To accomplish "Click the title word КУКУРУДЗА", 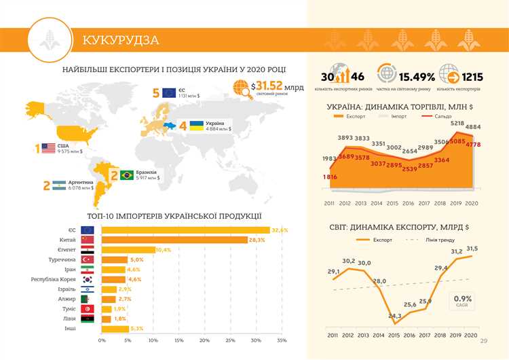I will pyautogui.click(x=121, y=40).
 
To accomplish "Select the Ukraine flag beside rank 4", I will pyautogui.click(x=196, y=126).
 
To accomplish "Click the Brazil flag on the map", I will pyautogui.click(x=126, y=175).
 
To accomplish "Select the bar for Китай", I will pyautogui.click(x=174, y=240).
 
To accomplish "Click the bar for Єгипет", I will pyautogui.click(x=128, y=250).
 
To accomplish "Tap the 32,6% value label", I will pyautogui.click(x=280, y=230).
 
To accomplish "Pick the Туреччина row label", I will pyautogui.click(x=60, y=259).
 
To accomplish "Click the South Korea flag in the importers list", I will pyautogui.click(x=88, y=279).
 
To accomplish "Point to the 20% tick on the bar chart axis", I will pyautogui.click(x=204, y=340).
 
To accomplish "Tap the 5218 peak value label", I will pyautogui.click(x=457, y=122).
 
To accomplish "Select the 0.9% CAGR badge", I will pyautogui.click(x=463, y=300).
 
